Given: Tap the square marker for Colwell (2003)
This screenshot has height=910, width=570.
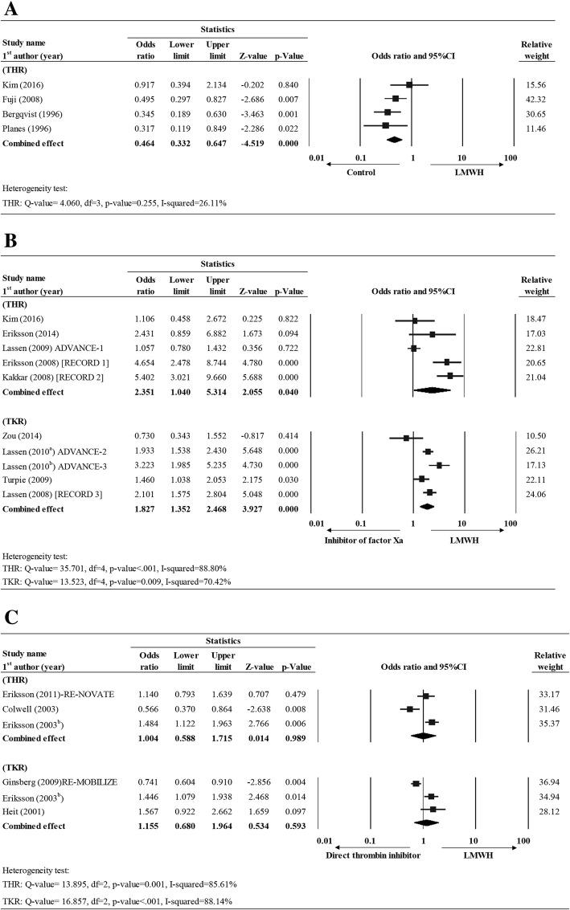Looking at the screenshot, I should point(410,708).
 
